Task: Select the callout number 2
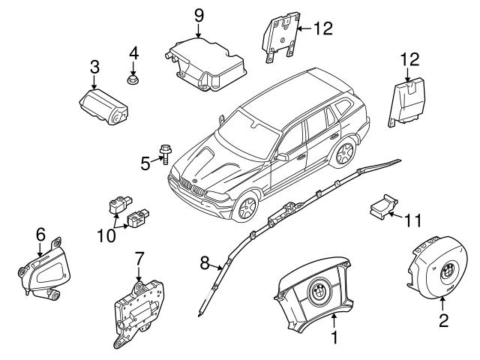pos(442,322)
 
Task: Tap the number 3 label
pos(94,67)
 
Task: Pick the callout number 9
pos(199,14)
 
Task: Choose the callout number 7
pos(139,259)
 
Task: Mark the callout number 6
pos(40,234)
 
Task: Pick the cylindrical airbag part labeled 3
pos(105,102)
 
